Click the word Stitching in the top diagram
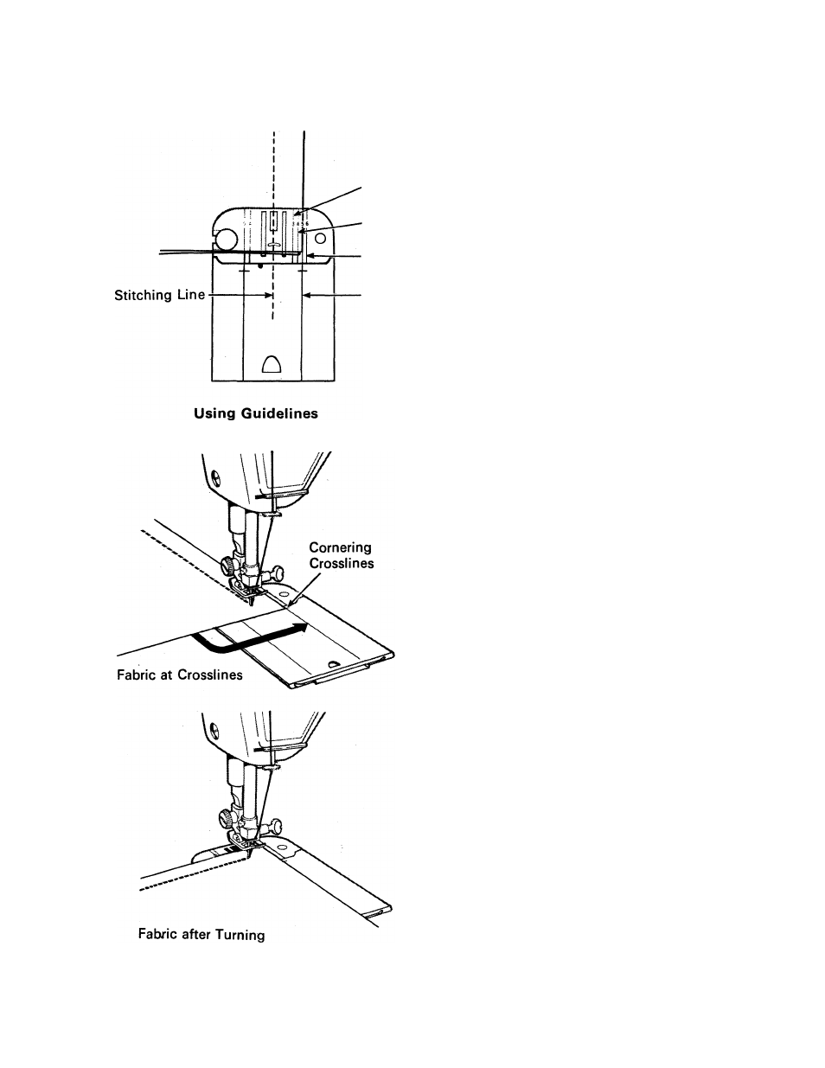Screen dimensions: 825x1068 point(144,296)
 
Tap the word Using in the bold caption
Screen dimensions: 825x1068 point(214,413)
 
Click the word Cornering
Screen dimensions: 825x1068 point(340,547)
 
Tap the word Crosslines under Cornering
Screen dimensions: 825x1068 point(342,563)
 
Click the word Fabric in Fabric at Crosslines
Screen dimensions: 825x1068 point(135,675)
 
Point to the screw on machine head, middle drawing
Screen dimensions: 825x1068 point(216,475)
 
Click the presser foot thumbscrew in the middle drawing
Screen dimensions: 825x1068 point(229,565)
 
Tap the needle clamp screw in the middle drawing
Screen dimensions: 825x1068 point(278,572)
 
